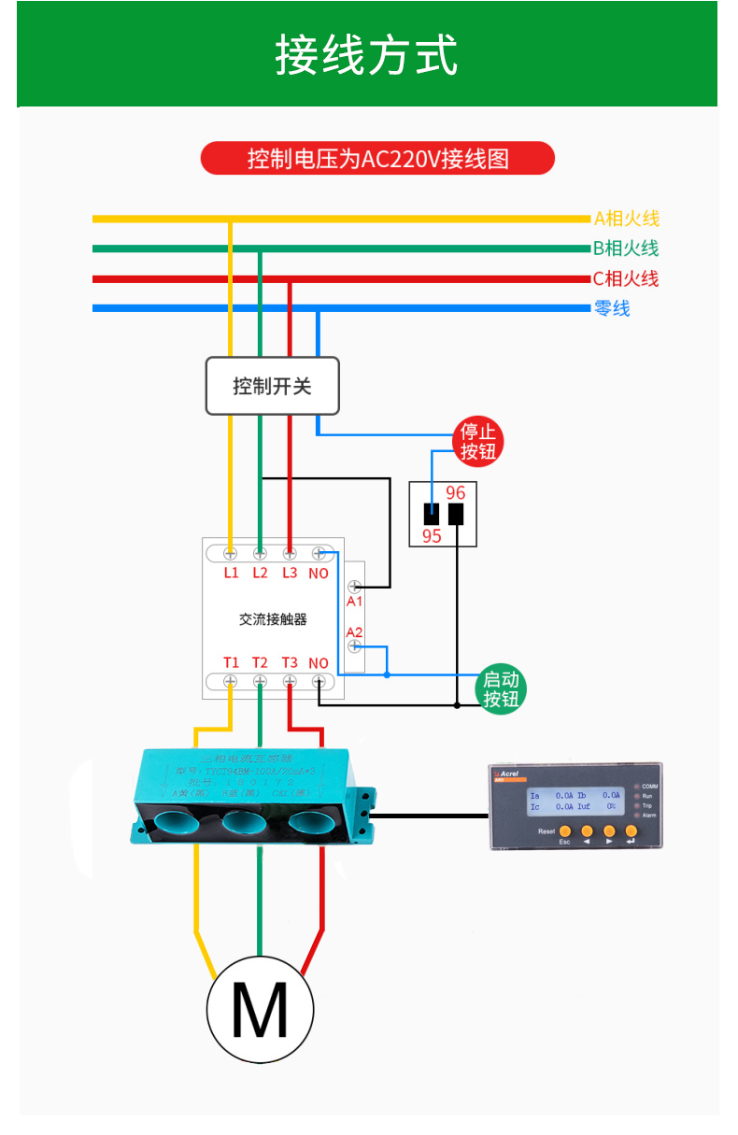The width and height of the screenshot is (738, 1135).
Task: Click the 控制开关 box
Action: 272,386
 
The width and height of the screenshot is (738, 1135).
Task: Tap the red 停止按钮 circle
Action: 477,442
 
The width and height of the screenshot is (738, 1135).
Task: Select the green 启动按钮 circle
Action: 501,690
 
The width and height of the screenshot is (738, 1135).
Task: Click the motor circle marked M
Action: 260,1009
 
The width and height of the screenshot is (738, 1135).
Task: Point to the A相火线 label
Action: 627,219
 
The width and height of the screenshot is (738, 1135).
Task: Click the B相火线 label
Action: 626,248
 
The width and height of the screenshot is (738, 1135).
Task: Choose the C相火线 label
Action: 626,278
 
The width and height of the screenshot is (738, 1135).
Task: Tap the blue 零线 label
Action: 612,308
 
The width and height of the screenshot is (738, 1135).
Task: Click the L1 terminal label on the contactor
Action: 231,573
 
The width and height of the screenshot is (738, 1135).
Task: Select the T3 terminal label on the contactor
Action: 290,662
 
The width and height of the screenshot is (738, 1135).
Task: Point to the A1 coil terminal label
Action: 354,602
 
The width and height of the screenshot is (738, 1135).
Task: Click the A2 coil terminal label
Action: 354,632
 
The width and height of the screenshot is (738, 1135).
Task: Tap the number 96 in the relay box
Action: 456,493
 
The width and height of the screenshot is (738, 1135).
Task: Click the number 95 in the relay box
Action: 432,536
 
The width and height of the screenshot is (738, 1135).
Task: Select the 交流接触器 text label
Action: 273,618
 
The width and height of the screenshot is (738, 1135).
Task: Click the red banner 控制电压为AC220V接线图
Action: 377,158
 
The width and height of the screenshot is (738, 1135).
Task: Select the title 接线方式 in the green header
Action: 367,54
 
